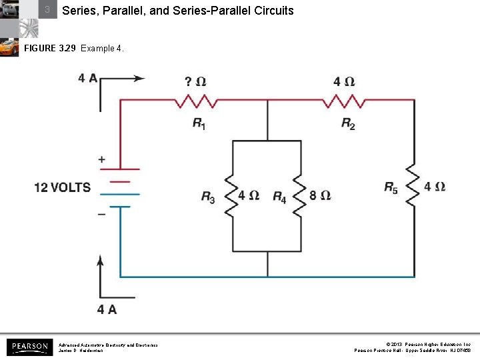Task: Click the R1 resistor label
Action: tap(199, 124)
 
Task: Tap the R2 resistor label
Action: tap(348, 124)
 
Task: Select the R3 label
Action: tap(209, 197)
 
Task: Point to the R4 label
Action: tap(279, 197)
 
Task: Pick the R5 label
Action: tap(391, 188)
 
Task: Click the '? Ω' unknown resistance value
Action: tap(195, 82)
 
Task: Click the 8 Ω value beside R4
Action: tap(320, 196)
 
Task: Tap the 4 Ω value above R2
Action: tap(344, 82)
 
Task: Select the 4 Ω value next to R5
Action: tap(435, 187)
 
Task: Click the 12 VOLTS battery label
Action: tap(63, 187)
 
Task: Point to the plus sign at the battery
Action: tap(102, 160)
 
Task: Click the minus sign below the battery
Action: tap(102, 215)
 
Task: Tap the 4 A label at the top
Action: tap(87, 78)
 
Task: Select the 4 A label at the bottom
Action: tap(107, 309)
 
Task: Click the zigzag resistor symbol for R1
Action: tap(195, 101)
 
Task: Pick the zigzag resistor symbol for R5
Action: tap(415, 188)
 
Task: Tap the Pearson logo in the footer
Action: tap(28, 347)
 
